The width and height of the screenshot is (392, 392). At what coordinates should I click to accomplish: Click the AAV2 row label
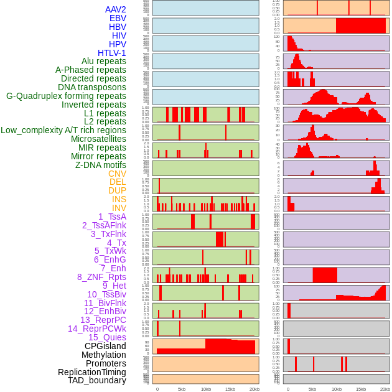click(116, 9)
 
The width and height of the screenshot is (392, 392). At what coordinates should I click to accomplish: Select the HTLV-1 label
click(112, 53)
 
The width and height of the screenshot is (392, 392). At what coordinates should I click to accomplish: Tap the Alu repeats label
click(104, 61)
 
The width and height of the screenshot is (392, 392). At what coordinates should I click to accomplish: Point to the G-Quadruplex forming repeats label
click(66, 96)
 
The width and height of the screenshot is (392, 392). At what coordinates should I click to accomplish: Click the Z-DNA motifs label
click(101, 165)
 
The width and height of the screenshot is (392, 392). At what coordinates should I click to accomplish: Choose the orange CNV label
click(117, 174)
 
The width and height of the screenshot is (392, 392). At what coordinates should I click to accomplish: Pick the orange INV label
click(119, 208)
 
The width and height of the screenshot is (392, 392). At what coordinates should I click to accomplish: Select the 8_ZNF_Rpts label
click(101, 277)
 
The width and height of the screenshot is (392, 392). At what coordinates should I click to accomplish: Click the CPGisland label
click(105, 346)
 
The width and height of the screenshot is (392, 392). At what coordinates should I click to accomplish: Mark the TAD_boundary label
click(97, 380)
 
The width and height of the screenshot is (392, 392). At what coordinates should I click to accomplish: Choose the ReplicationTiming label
click(91, 372)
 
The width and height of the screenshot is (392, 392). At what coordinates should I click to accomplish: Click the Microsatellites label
click(98, 139)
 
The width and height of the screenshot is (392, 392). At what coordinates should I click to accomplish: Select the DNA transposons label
click(92, 87)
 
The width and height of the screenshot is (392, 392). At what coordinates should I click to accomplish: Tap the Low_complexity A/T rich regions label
click(63, 130)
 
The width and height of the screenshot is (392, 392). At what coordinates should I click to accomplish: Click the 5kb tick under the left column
click(182, 389)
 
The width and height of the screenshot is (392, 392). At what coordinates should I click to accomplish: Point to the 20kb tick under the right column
click(385, 389)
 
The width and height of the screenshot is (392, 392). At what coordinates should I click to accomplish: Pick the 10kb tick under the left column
click(206, 389)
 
